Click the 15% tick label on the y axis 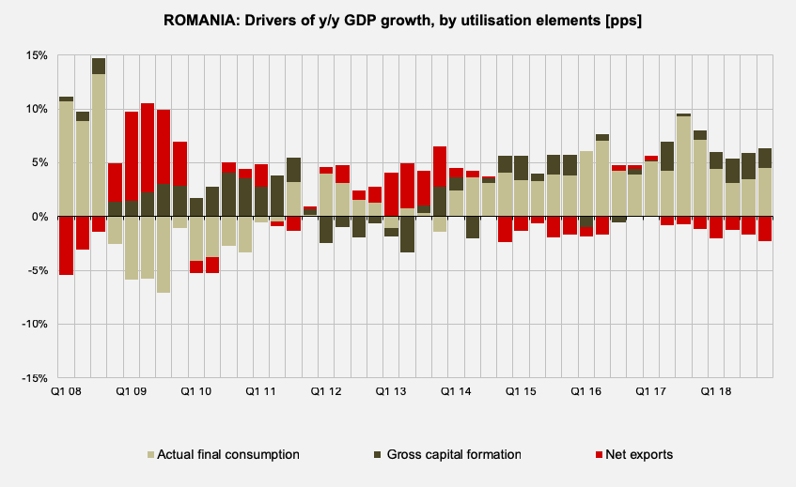[36, 55]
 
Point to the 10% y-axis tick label [36, 109]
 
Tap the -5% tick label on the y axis [36, 270]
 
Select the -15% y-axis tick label [34, 378]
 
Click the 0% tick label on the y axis [39, 217]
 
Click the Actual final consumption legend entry [223, 455]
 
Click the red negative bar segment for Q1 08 [66, 246]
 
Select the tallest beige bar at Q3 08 [99, 145]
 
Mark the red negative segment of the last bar [765, 229]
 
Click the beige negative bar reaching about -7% [164, 254]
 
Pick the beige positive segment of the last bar [765, 192]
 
